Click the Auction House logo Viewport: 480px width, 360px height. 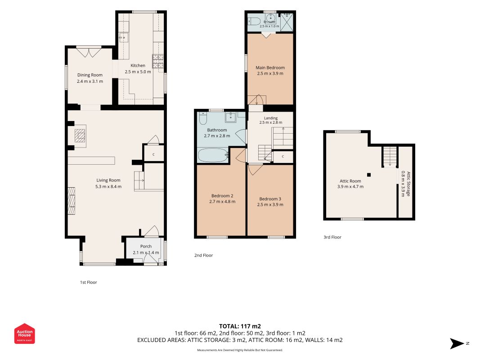click(24, 333)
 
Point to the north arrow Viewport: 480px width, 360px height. click(457, 343)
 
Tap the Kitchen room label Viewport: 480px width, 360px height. click(138, 66)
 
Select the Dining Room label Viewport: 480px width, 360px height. click(90, 75)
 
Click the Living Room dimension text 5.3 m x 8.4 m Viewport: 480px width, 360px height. click(108, 186)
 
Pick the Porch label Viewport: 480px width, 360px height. click(146, 247)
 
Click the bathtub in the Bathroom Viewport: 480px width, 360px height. click(213, 155)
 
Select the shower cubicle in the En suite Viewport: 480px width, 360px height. click(287, 22)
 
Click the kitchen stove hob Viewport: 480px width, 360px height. click(158, 61)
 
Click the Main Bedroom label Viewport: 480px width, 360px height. click(270, 67)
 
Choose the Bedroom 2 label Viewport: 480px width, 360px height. click(222, 196)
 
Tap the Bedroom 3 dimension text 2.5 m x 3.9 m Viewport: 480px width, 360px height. click(270, 204)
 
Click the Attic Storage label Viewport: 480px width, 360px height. click(408, 184)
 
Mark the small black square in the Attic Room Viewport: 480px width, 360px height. click(369, 175)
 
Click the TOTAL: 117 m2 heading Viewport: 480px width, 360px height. click(240, 326)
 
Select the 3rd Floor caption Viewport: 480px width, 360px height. click(332, 237)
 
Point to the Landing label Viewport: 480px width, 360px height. click(271, 118)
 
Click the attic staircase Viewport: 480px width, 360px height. click(390, 157)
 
